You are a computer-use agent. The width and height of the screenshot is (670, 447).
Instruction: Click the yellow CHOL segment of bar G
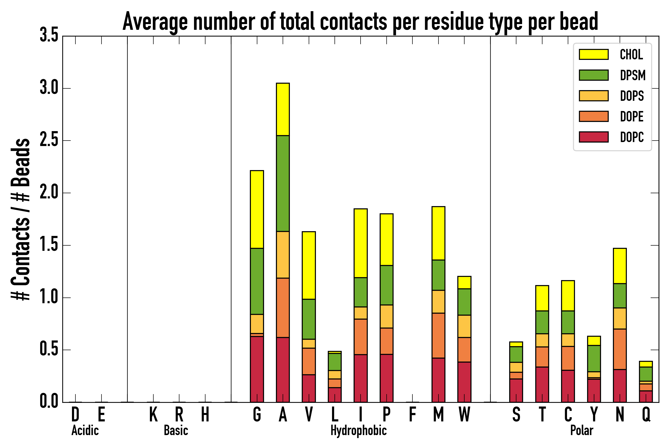coord(257,209)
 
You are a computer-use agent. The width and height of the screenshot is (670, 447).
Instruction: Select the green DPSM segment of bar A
coord(283,183)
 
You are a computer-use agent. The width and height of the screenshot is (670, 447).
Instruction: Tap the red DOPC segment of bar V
coord(308,388)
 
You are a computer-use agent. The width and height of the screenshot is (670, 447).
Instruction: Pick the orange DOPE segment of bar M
coord(438,335)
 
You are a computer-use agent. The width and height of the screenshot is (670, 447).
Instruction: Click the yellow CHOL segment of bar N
coord(620,266)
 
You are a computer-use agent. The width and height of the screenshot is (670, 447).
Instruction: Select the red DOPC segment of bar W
coord(464,382)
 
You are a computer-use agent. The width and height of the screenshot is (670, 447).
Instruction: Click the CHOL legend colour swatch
coord(594,54)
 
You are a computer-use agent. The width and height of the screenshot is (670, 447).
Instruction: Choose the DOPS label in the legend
coord(632,96)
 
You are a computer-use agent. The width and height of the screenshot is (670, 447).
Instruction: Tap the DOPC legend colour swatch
coord(594,137)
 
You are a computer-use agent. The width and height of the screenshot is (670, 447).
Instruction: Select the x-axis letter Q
coord(646,414)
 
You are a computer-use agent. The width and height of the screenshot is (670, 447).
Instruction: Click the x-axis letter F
coord(412,414)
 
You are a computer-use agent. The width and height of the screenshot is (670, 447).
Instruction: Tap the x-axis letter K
coord(153,414)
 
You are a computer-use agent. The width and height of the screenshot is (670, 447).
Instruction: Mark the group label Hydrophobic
coord(358,430)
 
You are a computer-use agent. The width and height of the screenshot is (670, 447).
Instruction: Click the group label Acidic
coord(85,430)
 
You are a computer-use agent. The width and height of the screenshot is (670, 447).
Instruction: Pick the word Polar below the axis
coord(581,430)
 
